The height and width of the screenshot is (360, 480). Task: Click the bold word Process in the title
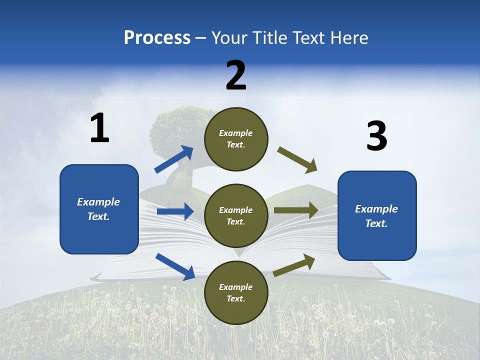click(157, 38)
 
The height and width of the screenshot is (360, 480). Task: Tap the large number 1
click(99, 128)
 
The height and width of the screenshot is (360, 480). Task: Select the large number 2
click(236, 76)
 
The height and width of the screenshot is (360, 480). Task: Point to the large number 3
click(376, 136)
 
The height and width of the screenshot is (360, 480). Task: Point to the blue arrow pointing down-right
click(175, 266)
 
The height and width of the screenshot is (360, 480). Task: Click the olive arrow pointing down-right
click(297, 159)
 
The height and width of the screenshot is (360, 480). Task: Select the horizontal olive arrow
click(296, 210)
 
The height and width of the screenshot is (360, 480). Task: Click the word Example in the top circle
click(236, 133)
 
